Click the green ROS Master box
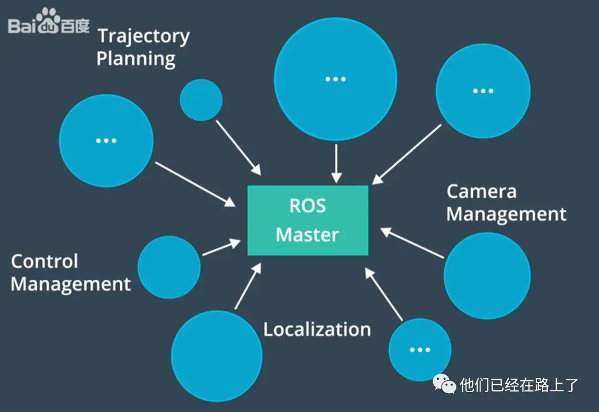click(308, 220)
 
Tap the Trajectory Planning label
click(143, 47)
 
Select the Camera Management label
click(506, 203)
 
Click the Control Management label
click(70, 273)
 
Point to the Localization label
click(317, 329)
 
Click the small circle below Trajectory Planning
click(201, 100)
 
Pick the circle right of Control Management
click(169, 267)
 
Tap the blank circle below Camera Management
click(487, 275)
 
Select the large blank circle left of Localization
click(216, 356)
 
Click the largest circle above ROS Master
click(336, 79)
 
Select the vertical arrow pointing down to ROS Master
click(336, 164)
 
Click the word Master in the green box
click(307, 234)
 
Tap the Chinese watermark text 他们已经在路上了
click(519, 384)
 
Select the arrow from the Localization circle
click(247, 286)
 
